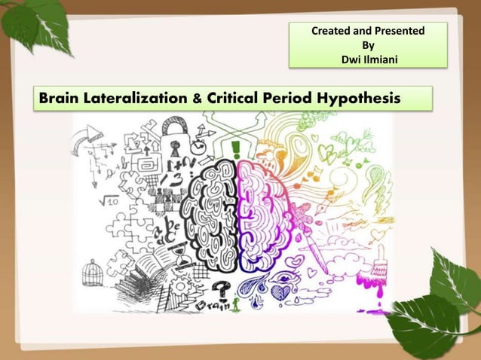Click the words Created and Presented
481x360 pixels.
[368, 32]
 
